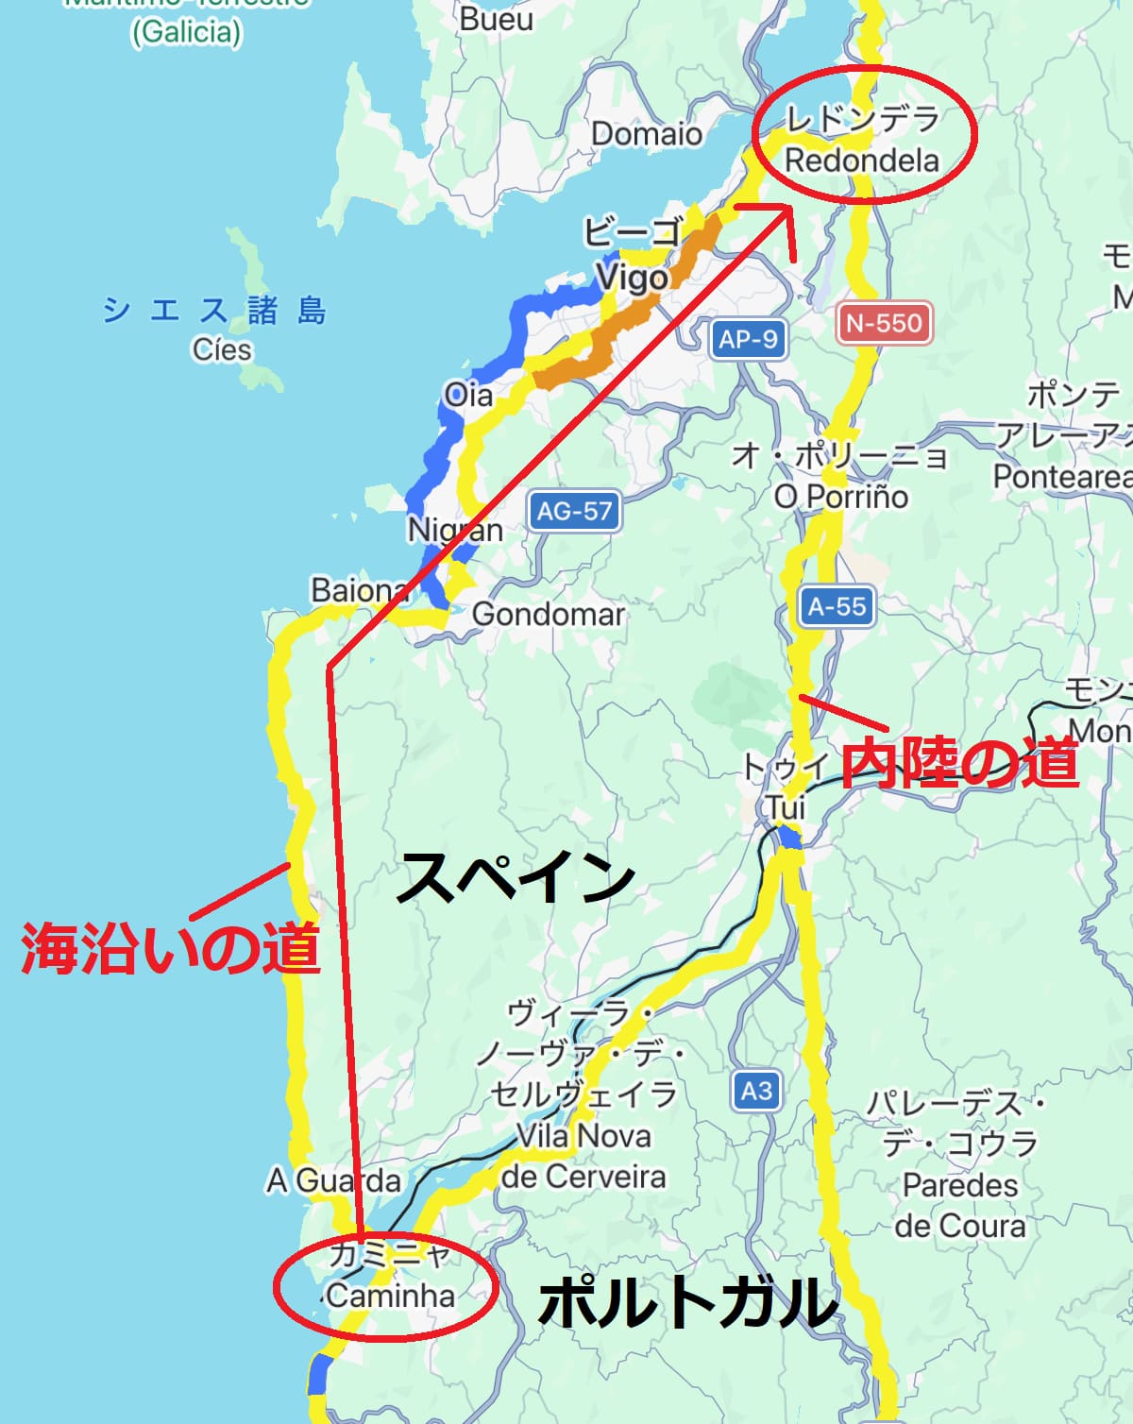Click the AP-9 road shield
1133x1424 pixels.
pyautogui.click(x=748, y=339)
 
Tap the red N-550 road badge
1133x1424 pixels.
pyautogui.click(x=884, y=323)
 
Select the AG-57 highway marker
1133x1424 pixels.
pyautogui.click(x=574, y=511)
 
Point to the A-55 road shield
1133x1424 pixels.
pyautogui.click(x=837, y=606)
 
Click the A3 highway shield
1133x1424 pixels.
pyautogui.click(x=756, y=1092)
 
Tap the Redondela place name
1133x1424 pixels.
pyautogui.click(x=862, y=161)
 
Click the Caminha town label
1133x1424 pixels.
pyautogui.click(x=390, y=1295)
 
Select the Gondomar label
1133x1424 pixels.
pyautogui.click(x=548, y=614)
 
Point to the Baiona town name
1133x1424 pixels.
pyautogui.click(x=359, y=590)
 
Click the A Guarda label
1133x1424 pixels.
pyautogui.click(x=333, y=1180)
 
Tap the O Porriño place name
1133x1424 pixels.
pyautogui.click(x=840, y=496)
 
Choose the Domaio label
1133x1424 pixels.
pyautogui.click(x=647, y=134)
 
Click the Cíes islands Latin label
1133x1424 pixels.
pyautogui.click(x=222, y=349)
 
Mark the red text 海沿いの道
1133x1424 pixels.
pyautogui.click(x=171, y=948)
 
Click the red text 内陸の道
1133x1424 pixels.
pyautogui.click(x=958, y=763)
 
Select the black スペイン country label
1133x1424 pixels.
pyautogui.click(x=516, y=876)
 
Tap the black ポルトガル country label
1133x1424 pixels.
pyautogui.click(x=687, y=1301)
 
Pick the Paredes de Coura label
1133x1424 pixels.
pyautogui.click(x=960, y=1205)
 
